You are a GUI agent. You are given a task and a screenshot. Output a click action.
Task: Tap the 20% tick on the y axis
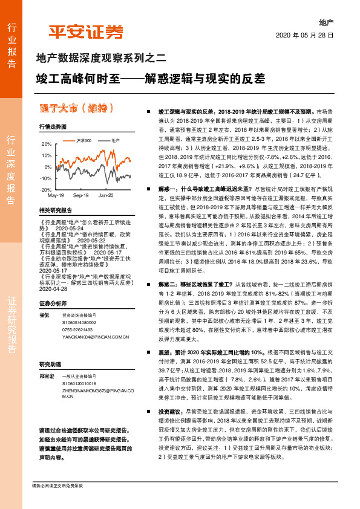click(47, 144)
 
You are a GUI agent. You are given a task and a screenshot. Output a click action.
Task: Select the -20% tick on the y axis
click(45, 190)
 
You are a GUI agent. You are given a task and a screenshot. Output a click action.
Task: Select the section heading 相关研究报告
click(55, 210)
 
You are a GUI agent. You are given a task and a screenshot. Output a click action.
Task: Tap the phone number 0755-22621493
click(77, 329)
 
